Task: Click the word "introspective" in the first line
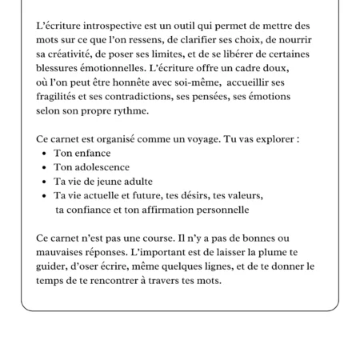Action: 118,26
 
